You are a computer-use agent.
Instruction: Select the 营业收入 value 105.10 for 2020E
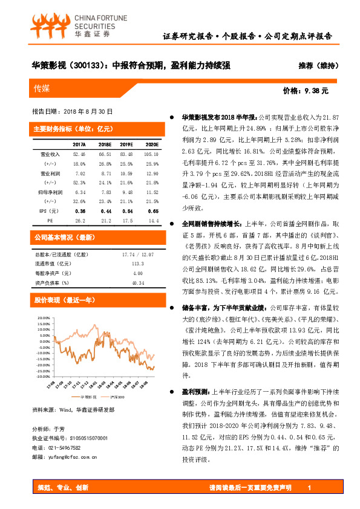point(151,155)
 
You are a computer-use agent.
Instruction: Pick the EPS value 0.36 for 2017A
point(79,210)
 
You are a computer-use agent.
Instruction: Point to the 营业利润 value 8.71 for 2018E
point(105,173)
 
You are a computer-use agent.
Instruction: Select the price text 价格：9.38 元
point(306,91)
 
